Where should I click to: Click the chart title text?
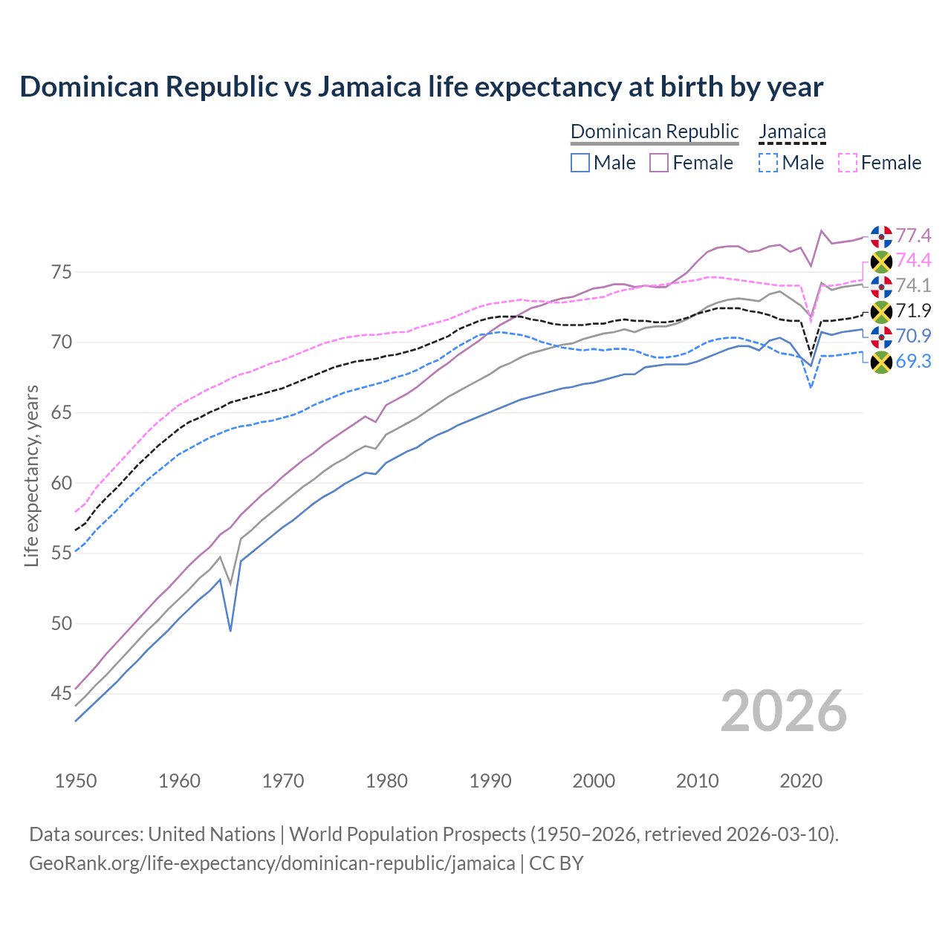[421, 87]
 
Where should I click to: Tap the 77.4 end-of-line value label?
[913, 236]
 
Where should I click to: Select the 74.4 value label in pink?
[913, 260]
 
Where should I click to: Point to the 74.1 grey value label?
[913, 285]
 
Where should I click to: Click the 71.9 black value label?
[913, 311]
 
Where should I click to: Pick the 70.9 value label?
[913, 336]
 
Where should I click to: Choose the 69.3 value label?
[913, 361]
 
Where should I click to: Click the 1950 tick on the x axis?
[76, 781]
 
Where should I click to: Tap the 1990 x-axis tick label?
[490, 781]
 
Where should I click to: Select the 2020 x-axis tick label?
[801, 781]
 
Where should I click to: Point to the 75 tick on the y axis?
[62, 272]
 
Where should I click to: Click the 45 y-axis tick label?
[62, 694]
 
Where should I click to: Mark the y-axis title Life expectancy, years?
[32, 475]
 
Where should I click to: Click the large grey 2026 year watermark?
[784, 711]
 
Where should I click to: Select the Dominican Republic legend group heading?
[655, 132]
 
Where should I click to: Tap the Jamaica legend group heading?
[792, 132]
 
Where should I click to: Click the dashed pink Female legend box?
[848, 163]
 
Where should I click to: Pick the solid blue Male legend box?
[580, 163]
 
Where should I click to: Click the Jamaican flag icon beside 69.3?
[881, 362]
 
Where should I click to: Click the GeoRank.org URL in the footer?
[272, 863]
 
